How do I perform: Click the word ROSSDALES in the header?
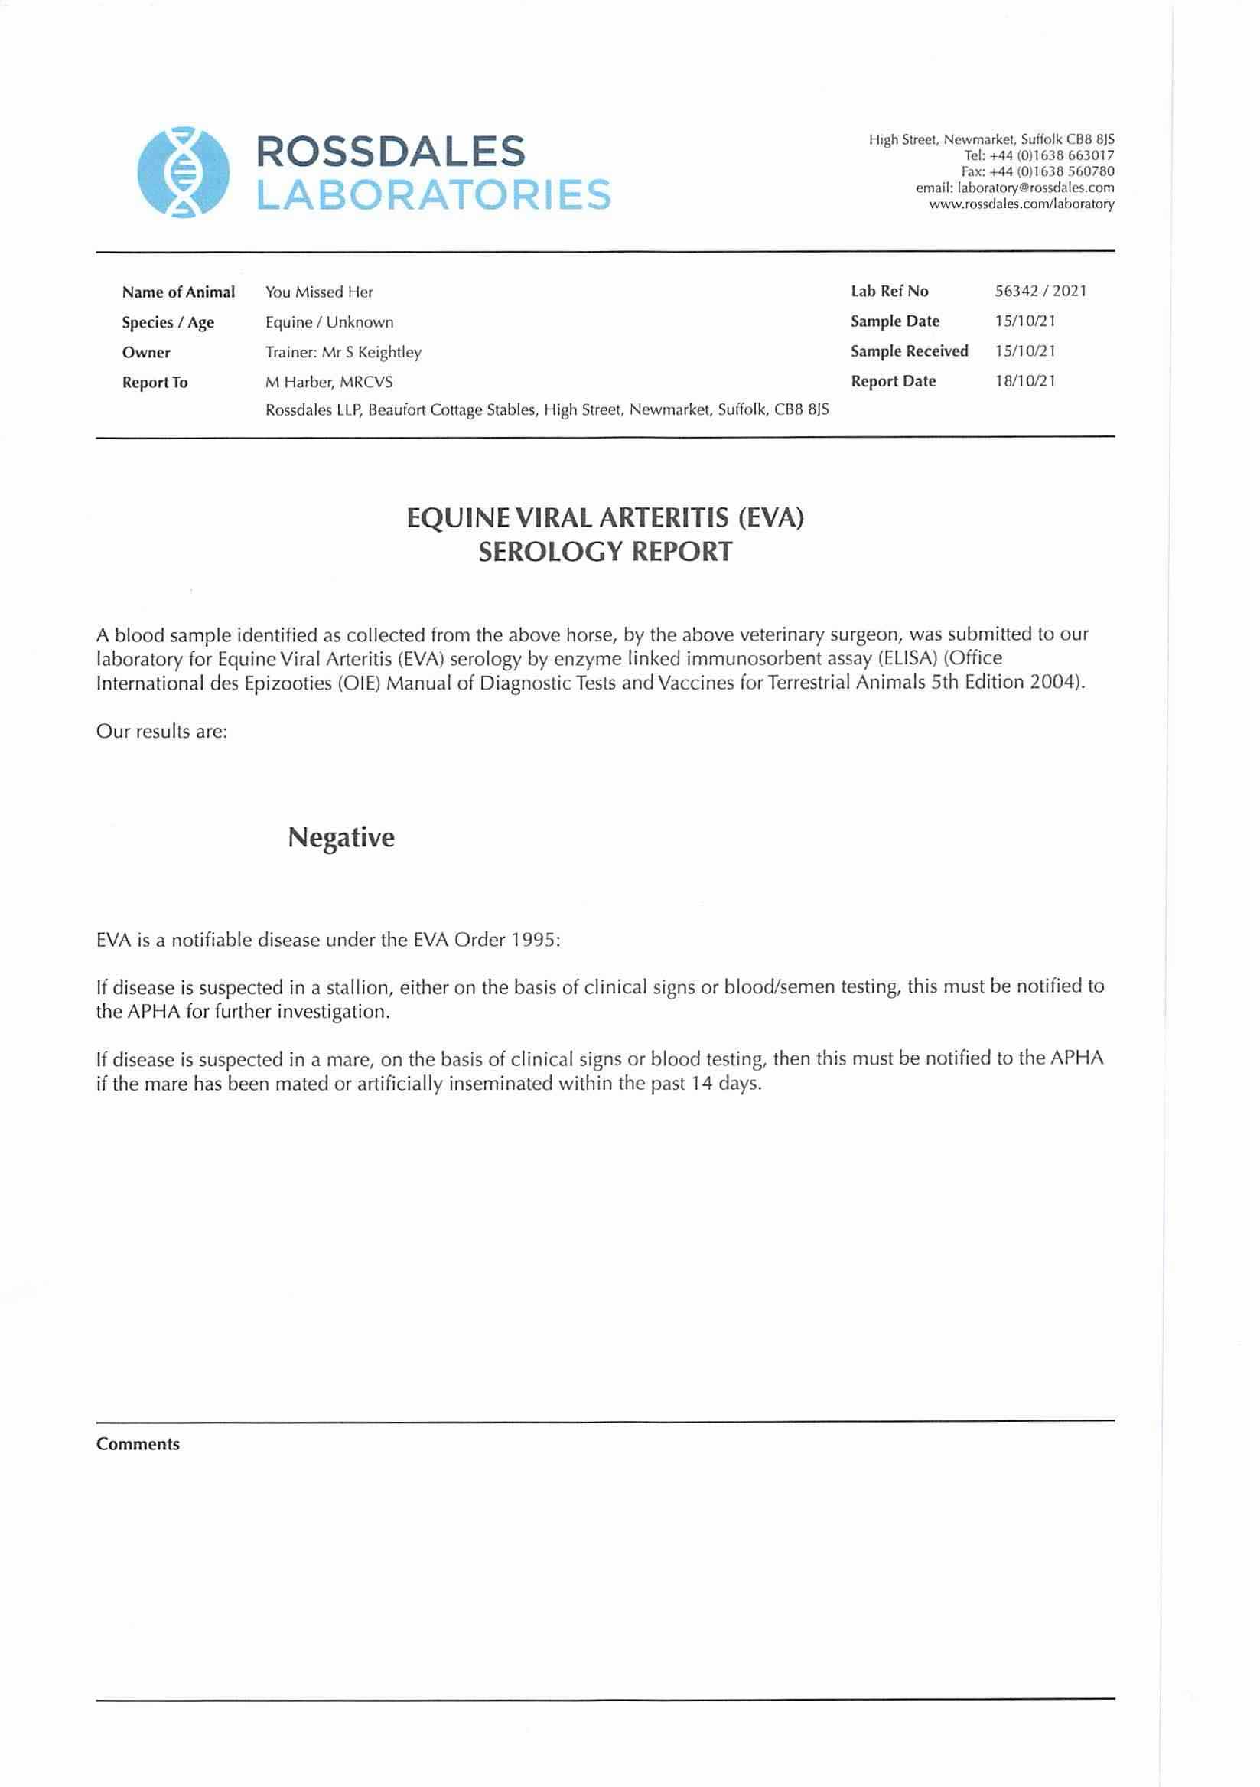click(391, 151)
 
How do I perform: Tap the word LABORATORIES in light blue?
click(434, 194)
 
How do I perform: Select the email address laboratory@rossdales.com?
click(1015, 188)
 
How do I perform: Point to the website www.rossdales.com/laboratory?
click(1021, 204)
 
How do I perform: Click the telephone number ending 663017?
click(1039, 155)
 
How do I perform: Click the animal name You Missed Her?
click(319, 292)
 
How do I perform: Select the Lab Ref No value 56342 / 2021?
click(1040, 291)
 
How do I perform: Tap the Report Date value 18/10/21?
click(1025, 381)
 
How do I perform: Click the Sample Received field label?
click(909, 351)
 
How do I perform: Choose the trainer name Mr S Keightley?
click(371, 353)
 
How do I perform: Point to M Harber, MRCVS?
click(328, 382)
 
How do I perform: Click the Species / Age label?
click(168, 323)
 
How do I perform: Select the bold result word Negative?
click(341, 837)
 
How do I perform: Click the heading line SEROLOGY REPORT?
click(604, 552)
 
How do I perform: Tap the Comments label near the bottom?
click(138, 1445)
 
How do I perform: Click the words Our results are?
click(162, 732)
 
